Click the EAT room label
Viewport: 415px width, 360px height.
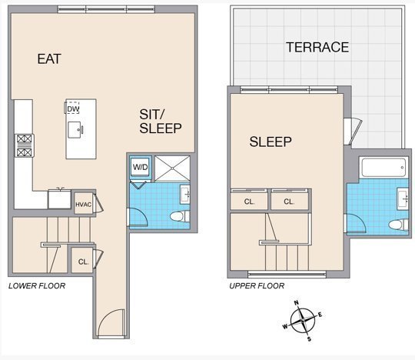point(49,58)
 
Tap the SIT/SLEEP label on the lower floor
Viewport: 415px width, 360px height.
point(161,122)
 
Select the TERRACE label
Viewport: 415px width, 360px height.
point(317,47)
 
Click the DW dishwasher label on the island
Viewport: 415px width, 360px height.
point(73,109)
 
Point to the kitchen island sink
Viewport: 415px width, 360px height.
point(75,130)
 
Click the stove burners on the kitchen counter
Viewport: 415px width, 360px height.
point(25,145)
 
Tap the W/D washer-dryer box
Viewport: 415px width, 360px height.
point(141,167)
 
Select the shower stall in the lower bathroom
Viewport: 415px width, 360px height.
point(172,168)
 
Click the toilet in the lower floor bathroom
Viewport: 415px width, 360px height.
point(180,216)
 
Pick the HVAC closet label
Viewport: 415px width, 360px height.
point(83,205)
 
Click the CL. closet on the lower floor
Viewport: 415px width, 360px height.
point(82,261)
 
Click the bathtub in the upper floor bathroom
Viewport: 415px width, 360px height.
point(383,167)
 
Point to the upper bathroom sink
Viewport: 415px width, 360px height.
point(403,198)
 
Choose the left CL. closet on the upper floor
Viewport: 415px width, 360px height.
point(249,201)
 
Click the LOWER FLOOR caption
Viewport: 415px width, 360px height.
point(37,286)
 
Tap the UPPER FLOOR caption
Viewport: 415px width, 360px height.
point(257,286)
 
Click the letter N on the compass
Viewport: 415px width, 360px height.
point(297,303)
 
